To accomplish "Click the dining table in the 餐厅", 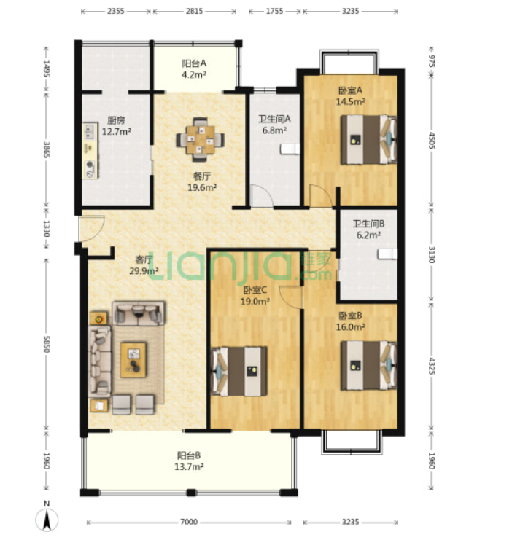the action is click(x=200, y=139).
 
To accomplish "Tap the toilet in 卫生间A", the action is click(x=290, y=149).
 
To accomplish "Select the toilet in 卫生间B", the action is click(x=387, y=254).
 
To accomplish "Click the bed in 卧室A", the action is click(x=368, y=139).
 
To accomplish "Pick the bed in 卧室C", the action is click(x=239, y=371).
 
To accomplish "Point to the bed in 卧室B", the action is click(x=368, y=365).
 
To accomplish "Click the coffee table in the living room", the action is click(x=133, y=360).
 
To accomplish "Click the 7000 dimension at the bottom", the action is click(x=189, y=522).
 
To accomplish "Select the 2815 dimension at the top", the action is click(x=195, y=11).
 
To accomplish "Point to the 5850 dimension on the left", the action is click(x=47, y=344).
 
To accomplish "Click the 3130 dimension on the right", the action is click(x=431, y=254).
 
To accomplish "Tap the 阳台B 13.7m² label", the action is click(x=190, y=461).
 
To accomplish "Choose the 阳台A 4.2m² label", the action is click(x=194, y=69).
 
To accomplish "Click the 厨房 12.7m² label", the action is click(x=116, y=125).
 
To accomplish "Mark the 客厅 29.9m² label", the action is click(x=144, y=265).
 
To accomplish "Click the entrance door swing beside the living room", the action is click(x=91, y=228).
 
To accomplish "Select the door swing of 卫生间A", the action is click(x=262, y=196).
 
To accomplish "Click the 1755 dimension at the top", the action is click(x=274, y=11).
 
